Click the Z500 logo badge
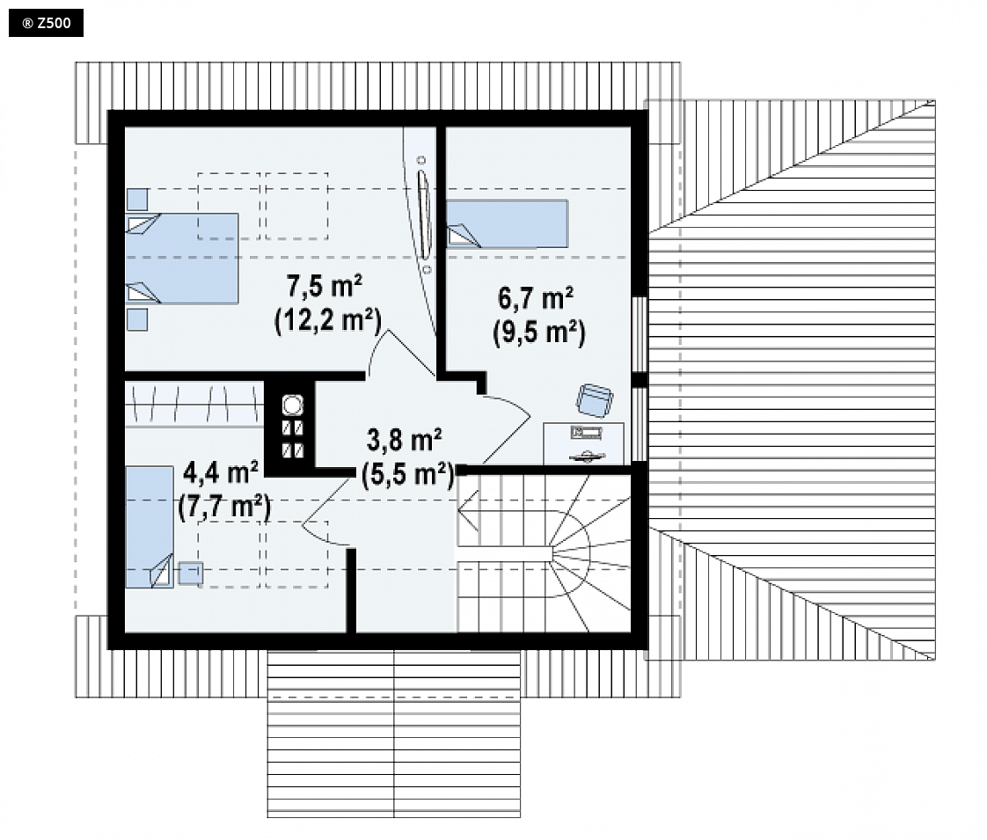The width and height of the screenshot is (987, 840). click(46, 23)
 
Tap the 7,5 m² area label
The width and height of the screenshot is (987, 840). click(325, 286)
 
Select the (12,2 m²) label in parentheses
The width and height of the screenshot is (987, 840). click(328, 321)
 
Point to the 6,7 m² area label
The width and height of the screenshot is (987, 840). click(536, 297)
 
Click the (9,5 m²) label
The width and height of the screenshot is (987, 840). click(539, 332)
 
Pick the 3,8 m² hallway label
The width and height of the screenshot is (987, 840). click(404, 440)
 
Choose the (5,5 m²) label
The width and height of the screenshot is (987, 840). click(408, 474)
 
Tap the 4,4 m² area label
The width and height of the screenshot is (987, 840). click(220, 472)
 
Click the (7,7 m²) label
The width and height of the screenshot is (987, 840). click(224, 507)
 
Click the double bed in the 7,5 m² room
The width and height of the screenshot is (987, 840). click(182, 259)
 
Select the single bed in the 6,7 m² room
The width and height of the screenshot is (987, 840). click(508, 223)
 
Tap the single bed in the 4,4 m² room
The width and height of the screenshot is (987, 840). click(150, 527)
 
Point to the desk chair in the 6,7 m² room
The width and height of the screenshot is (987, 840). click(595, 400)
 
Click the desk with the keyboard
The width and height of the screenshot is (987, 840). click(583, 443)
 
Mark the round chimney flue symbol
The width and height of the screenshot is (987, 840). click(293, 405)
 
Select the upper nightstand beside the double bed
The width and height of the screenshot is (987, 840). click(137, 200)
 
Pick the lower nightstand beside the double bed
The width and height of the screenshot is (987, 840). click(137, 319)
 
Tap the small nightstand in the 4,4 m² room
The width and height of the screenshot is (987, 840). click(191, 573)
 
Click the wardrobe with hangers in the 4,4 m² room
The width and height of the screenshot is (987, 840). click(194, 404)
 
